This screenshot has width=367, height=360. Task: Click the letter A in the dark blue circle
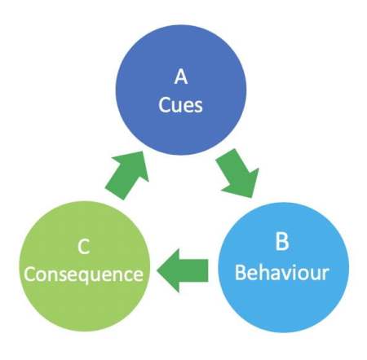181,77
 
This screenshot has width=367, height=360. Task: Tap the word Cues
180,105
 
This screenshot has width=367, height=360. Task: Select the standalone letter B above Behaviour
282,242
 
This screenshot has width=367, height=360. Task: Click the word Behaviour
282,272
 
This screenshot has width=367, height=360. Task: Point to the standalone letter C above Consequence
83,247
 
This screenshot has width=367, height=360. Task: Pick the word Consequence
84,274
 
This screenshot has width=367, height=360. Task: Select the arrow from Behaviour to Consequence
183,270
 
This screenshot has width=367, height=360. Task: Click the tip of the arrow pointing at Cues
144,151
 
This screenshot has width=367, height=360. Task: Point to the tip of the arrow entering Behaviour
253,197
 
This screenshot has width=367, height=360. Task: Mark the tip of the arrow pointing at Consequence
157,270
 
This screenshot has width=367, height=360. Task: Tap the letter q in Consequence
90,276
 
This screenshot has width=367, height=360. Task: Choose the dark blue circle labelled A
181,90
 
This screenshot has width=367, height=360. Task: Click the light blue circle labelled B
283,267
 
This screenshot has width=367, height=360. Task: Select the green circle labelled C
85,266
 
